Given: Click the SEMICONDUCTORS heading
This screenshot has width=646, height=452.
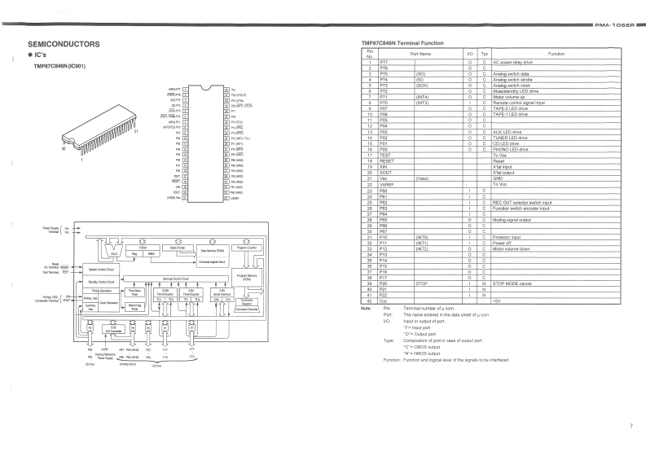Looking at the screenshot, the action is (x=64, y=42).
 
